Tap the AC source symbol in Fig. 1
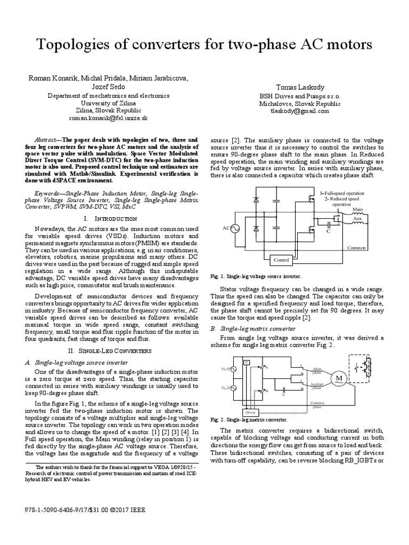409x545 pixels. click(233, 228)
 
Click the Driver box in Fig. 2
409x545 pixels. click(250, 412)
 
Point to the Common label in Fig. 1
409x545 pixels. click(357, 248)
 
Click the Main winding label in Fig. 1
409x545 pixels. click(357, 210)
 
